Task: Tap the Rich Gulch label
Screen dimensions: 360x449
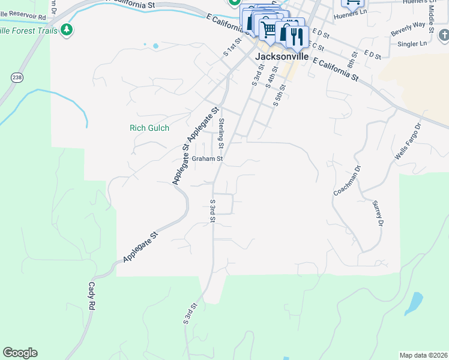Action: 149,128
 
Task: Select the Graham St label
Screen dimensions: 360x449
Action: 208,159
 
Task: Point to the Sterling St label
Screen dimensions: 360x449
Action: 221,134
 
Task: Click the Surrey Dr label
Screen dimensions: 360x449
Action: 378,214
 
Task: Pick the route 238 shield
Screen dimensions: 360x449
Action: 16,77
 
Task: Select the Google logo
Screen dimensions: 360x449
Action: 20,353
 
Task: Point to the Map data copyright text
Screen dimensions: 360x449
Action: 423,355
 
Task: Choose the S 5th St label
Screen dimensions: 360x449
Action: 280,95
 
